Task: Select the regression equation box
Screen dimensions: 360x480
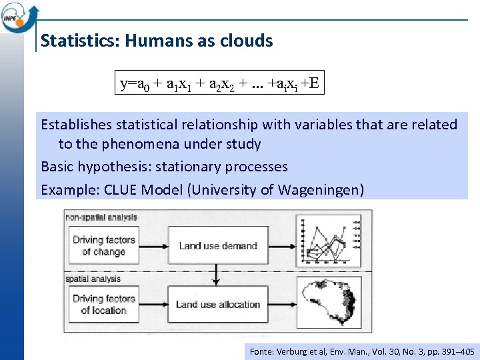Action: click(219, 83)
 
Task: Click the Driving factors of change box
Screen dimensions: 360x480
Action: click(103, 245)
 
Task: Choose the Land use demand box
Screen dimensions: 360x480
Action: click(217, 245)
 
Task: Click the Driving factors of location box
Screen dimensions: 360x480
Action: click(103, 304)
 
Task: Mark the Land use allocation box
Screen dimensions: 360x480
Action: click(217, 305)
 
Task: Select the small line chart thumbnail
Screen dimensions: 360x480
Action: click(328, 243)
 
